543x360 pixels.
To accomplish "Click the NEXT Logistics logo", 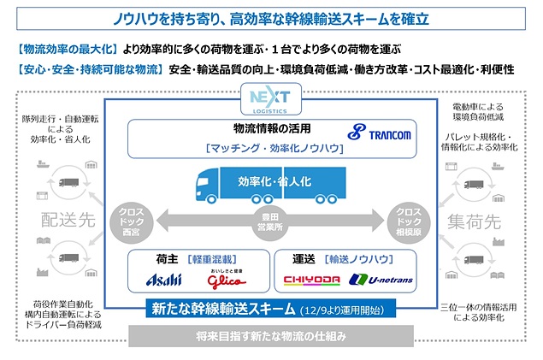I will click(271, 99).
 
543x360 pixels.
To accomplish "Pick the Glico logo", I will click(224, 280).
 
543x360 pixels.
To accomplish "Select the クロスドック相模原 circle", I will click(408, 221).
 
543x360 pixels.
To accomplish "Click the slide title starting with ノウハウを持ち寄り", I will click(271, 17).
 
